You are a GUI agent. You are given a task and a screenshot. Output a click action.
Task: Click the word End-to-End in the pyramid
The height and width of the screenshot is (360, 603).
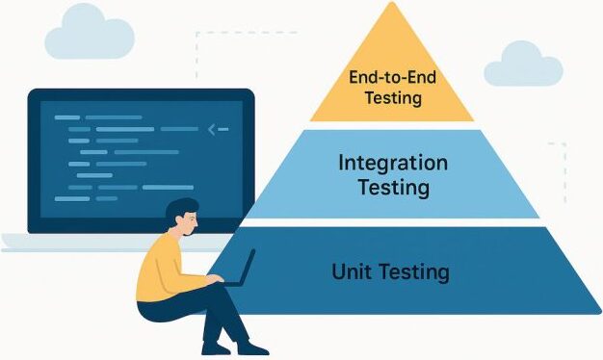tap(392, 77)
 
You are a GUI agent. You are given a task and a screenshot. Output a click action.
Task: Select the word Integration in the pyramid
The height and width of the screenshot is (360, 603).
tap(393, 164)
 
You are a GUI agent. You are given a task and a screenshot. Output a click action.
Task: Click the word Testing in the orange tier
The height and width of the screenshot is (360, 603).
tap(393, 97)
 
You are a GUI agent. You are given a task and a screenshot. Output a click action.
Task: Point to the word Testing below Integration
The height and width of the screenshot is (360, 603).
tap(394, 188)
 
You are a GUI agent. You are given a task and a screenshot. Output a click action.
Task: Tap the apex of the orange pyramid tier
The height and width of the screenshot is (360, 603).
tap(392, 2)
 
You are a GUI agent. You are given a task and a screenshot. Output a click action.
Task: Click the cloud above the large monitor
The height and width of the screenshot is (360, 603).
tap(90, 33)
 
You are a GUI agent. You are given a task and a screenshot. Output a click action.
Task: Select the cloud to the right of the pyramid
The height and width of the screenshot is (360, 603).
tap(523, 64)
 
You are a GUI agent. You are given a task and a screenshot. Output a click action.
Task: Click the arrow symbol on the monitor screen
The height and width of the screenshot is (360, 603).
tap(218, 130)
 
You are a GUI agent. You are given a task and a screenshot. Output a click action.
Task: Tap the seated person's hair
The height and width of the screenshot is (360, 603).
tap(180, 210)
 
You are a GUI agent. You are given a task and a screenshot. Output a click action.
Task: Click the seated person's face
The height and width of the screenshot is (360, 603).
tap(190, 224)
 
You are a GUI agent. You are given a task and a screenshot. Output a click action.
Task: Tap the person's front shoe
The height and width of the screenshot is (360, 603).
tap(252, 348)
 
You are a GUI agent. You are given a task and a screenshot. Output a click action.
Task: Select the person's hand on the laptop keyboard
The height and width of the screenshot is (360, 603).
tap(215, 278)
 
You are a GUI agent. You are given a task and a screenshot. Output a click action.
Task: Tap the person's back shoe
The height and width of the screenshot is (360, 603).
tap(216, 349)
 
